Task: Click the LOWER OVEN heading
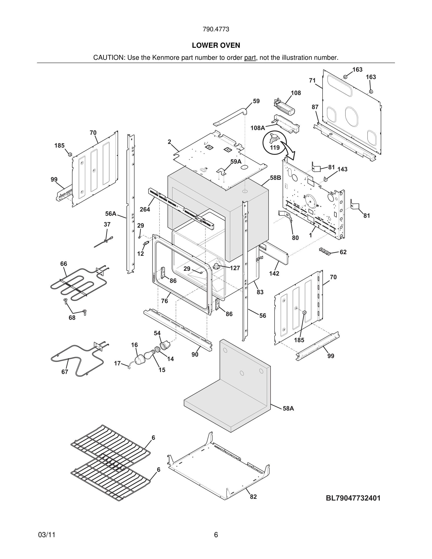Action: point(216,46)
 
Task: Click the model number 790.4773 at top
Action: point(216,29)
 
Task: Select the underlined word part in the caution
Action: point(250,58)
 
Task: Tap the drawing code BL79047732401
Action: point(353,498)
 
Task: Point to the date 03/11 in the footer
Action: point(47,535)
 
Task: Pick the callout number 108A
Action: point(257,128)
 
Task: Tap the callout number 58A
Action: point(288,408)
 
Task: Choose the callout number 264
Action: point(145,209)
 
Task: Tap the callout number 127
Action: point(235,268)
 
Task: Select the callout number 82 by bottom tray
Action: point(253,497)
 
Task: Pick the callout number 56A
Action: point(111,213)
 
